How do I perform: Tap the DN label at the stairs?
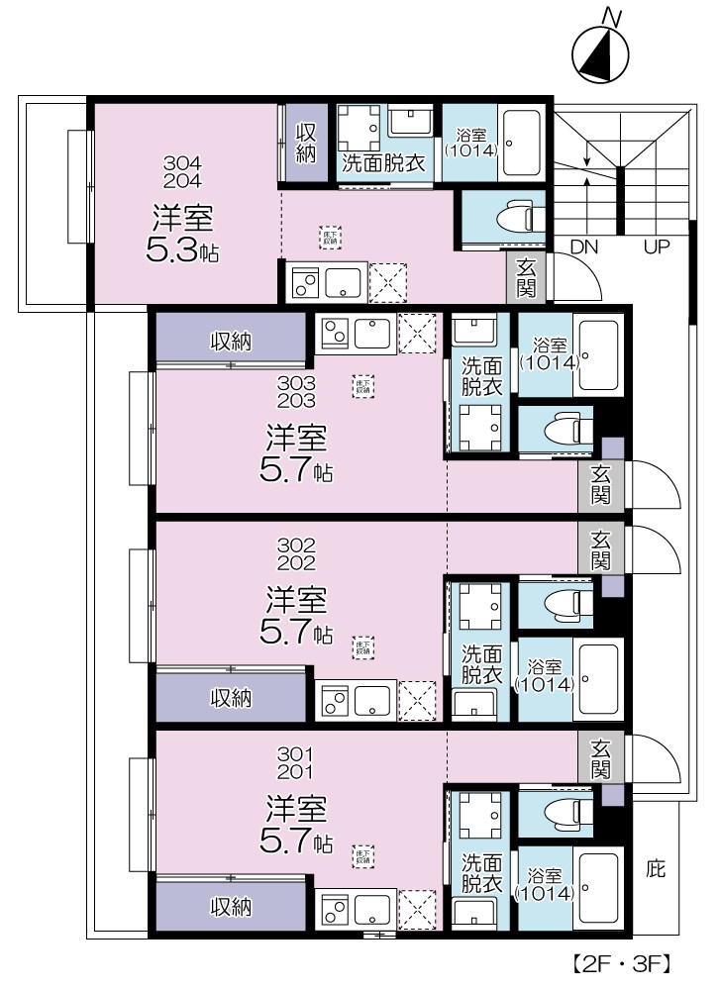(583, 247)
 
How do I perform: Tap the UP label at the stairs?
(658, 247)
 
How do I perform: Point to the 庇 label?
(656, 870)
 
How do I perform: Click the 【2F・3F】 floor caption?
(623, 962)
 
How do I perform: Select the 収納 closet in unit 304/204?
(307, 143)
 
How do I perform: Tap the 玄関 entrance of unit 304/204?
(527, 277)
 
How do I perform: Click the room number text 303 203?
(296, 392)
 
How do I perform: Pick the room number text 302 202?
(296, 554)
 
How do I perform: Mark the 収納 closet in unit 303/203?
(231, 342)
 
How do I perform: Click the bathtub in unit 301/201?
(597, 889)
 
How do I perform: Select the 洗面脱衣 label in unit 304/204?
(383, 163)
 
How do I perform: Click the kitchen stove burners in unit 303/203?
(334, 334)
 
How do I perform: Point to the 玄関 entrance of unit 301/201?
(601, 758)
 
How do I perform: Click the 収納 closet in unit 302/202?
(231, 698)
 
